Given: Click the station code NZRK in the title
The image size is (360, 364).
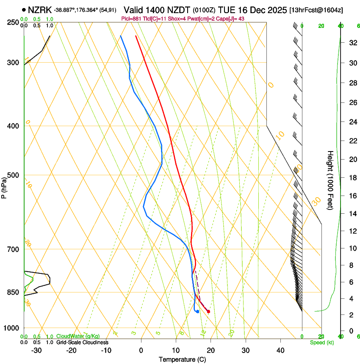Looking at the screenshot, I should pos(40,10).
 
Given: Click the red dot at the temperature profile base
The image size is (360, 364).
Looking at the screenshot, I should pos(208,312).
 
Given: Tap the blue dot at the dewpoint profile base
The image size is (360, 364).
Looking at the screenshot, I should pos(198,312).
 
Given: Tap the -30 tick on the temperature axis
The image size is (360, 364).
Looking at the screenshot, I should pos(36,350).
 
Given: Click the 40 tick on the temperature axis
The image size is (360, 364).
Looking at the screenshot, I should pos(280,350).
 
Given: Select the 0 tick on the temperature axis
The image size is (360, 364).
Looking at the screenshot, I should pos(141,350).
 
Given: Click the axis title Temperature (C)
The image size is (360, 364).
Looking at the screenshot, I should pos(182,359).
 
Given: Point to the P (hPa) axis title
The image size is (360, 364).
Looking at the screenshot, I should pos(4,185).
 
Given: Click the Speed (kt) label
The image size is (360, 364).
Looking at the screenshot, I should pos(321,342).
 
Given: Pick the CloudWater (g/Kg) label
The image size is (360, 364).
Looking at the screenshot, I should pos(78,336).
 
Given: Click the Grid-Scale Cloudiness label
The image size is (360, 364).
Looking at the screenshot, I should pos(82,342).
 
